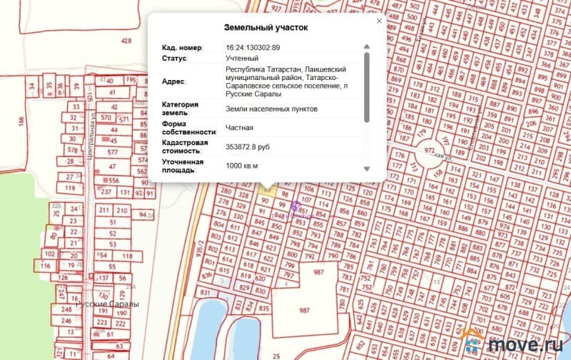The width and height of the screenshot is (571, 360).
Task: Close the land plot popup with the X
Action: [379, 21]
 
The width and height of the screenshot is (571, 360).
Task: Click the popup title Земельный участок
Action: [266, 28]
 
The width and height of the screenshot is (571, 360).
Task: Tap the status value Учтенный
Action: [242, 57]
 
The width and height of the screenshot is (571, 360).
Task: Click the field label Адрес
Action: [173, 81]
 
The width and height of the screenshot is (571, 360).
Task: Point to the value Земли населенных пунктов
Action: [271, 109]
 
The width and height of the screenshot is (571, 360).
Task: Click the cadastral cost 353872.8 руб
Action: [247, 147]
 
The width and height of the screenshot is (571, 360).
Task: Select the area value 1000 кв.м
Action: [241, 166]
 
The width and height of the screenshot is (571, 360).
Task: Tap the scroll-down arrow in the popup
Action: [367, 169]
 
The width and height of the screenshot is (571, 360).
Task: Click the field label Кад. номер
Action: [181, 47]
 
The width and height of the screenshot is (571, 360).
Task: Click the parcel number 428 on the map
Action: [126, 41]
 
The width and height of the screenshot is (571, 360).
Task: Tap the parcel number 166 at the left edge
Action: [21, 122]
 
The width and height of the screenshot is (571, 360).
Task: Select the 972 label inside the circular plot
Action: [430, 151]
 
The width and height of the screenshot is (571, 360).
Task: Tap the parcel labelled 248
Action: [67, 309]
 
